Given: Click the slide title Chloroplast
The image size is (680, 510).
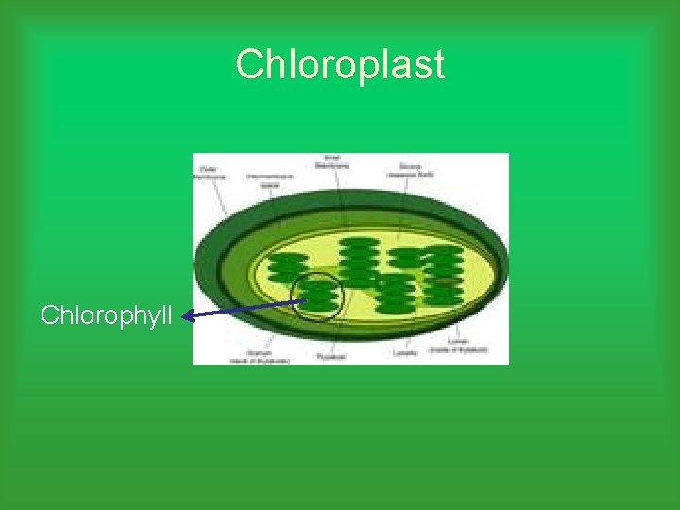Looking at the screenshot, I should pyautogui.click(x=339, y=65).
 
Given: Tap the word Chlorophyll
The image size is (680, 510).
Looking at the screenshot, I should pyautogui.click(x=106, y=314).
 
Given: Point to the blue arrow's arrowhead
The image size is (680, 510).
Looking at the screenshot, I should pyautogui.click(x=186, y=317).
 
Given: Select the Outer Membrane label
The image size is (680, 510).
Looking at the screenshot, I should pyautogui.click(x=208, y=172).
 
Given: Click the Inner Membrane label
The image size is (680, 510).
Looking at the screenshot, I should pyautogui.click(x=332, y=162).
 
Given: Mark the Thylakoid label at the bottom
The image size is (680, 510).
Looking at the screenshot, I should pyautogui.click(x=331, y=357).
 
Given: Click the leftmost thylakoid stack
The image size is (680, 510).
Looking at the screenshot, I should pyautogui.click(x=283, y=269).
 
